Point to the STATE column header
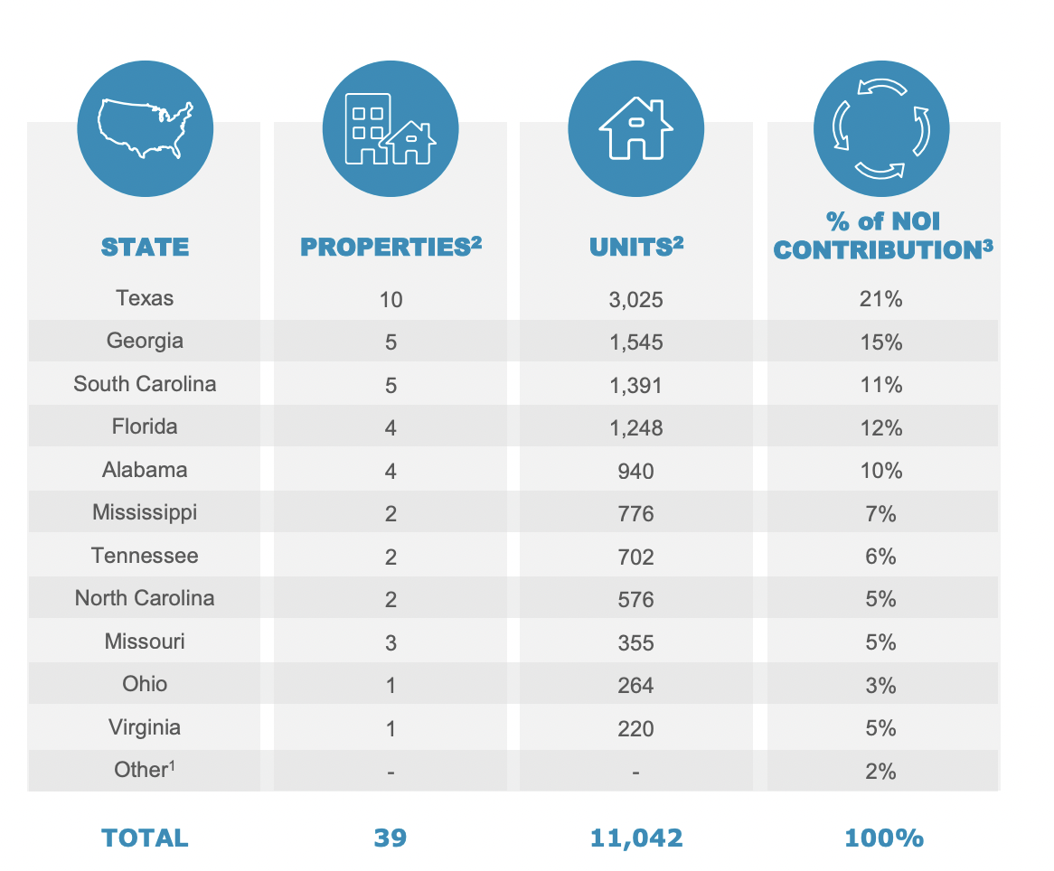145,247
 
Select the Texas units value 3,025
635,299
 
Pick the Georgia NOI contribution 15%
881,342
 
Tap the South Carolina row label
145,384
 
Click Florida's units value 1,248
635,427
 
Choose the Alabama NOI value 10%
881,471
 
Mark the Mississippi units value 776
635,513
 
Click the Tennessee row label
145,556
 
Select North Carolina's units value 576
635,599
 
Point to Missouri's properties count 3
391,642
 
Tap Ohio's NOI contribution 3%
881,685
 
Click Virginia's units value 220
635,728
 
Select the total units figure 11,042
635,838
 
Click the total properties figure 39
391,838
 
